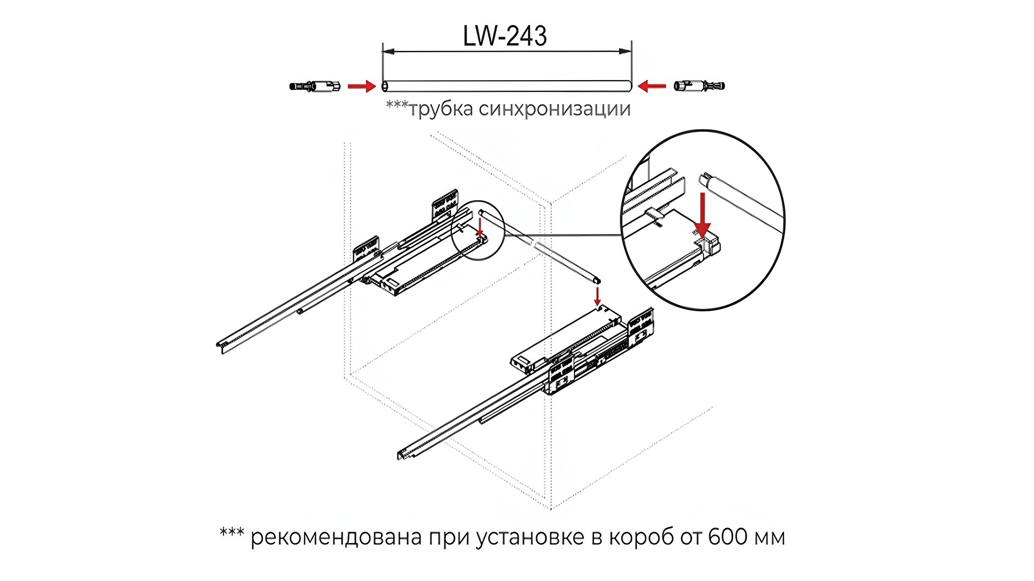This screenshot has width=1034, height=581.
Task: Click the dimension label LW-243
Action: click(x=505, y=36)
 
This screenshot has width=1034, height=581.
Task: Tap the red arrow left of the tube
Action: click(x=361, y=86)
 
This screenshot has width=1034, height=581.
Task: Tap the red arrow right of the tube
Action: click(x=652, y=86)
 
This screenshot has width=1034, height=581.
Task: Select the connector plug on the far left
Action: click(x=315, y=86)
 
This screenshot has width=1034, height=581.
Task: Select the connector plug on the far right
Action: click(x=700, y=86)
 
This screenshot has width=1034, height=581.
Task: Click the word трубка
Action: click(x=441, y=109)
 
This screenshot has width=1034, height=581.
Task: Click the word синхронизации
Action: click(x=555, y=109)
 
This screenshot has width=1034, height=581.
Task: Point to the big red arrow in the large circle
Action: click(x=702, y=215)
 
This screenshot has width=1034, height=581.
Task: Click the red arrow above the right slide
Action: click(x=597, y=296)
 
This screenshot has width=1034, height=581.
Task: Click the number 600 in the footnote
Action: click(x=728, y=537)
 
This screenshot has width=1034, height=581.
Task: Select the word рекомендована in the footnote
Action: click(x=336, y=537)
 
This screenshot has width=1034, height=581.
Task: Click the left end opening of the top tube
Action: click(x=385, y=86)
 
